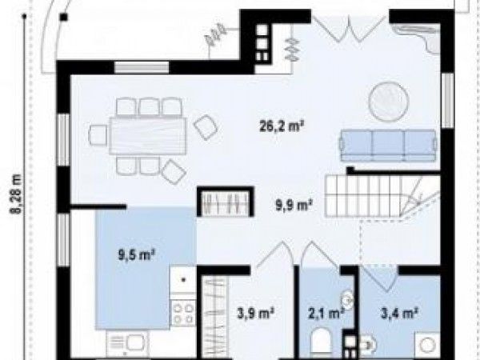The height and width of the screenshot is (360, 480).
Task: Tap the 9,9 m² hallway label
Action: coord(294,205)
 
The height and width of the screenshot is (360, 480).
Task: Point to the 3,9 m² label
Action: coord(256,313)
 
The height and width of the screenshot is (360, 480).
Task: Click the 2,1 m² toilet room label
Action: coord(326,313)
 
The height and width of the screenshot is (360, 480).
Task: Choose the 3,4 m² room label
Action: coord(399,313)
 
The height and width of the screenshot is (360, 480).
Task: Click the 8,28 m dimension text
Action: coord(16,194)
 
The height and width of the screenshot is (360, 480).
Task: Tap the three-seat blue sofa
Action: coord(388,145)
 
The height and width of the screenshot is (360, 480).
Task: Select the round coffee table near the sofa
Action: coord(389,102)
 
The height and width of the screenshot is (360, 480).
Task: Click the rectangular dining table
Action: coord(148,136)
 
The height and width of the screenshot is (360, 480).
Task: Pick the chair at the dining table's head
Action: coord(98,135)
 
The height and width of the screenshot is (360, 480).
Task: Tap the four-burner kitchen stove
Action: coord(183,312)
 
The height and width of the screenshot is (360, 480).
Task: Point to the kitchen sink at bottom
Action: coord(126,343)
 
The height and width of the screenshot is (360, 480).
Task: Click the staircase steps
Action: coord(382,195)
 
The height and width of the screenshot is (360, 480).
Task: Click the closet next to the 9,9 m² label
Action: coord(226,202)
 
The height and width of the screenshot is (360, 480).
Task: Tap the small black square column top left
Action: coord(64,17)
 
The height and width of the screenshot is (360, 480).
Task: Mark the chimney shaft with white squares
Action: coord(262,43)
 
